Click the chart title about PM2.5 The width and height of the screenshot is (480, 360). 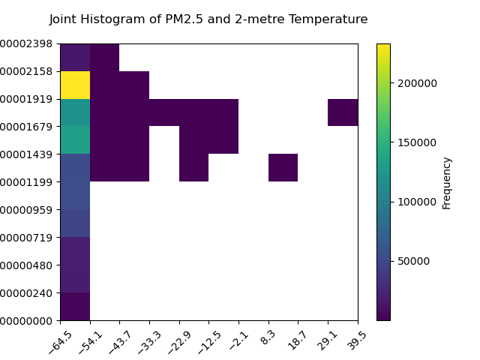tap(208, 19)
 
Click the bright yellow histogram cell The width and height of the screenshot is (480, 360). tap(75, 85)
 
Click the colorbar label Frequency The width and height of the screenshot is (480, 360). tap(447, 182)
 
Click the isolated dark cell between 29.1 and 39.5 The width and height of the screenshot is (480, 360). tap(343, 112)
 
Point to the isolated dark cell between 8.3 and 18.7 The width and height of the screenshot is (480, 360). tap(283, 167)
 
